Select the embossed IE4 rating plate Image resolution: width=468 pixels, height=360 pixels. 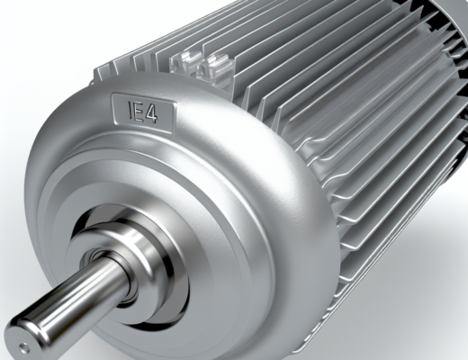143,112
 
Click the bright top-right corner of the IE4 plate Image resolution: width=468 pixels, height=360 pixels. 175,103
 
